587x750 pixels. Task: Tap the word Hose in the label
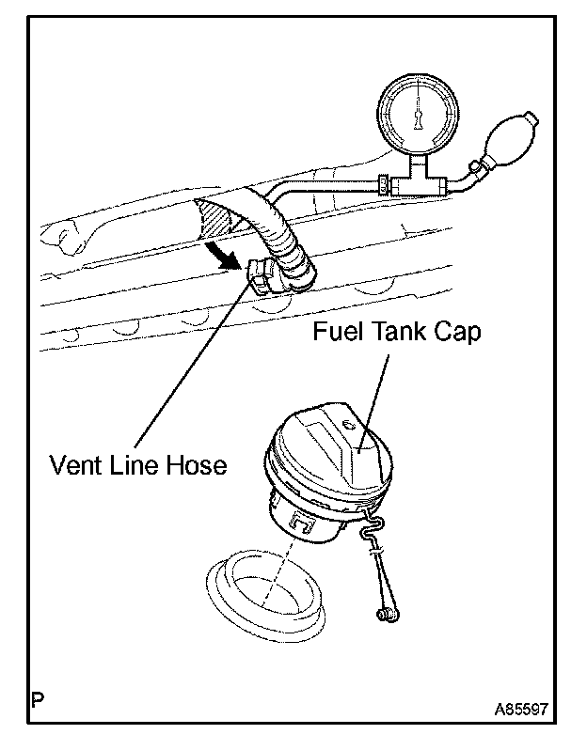[199, 464]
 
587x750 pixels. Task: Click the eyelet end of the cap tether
[384, 615]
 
